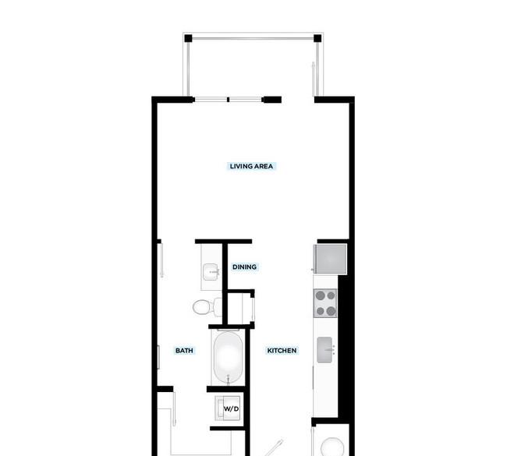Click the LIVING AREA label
pyautogui.click(x=251, y=166)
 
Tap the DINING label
pyautogui.click(x=244, y=267)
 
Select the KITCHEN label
pyautogui.click(x=282, y=351)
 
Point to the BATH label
pyautogui.click(x=184, y=351)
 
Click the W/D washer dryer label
pyautogui.click(x=232, y=408)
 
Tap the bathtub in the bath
pyautogui.click(x=229, y=357)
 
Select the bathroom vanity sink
pyautogui.click(x=211, y=272)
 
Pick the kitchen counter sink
pyautogui.click(x=324, y=350)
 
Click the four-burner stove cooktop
pyautogui.click(x=325, y=303)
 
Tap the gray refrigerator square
pyautogui.click(x=330, y=259)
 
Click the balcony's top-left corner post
pyautogui.click(x=188, y=38)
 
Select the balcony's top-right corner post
pyautogui.click(x=317, y=38)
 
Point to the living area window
pyautogui.click(x=229, y=100)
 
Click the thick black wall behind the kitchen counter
pyautogui.click(x=344, y=346)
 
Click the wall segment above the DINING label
pyautogui.click(x=223, y=242)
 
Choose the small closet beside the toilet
pyautogui.click(x=240, y=308)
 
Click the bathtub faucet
pyautogui.click(x=229, y=378)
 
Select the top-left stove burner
pyautogui.click(x=320, y=295)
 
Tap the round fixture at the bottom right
pyautogui.click(x=332, y=447)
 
